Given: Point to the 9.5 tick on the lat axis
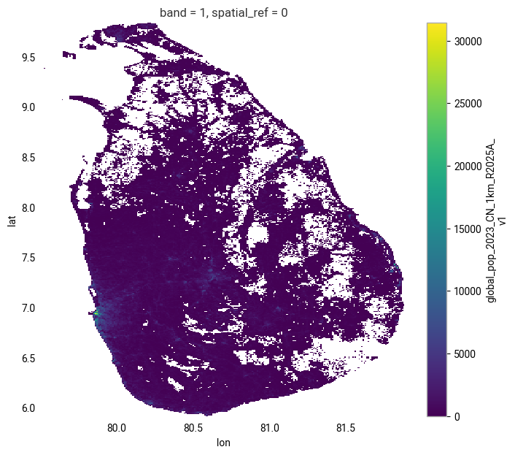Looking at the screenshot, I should click(x=28, y=57).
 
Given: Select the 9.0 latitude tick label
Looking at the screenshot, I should click(x=28, y=107).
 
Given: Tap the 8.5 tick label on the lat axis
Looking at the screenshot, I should click(x=28, y=158).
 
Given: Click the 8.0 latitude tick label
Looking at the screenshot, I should click(x=28, y=208).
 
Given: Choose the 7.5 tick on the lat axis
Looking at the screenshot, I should click(x=28, y=258).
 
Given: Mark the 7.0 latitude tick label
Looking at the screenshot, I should click(x=28, y=308).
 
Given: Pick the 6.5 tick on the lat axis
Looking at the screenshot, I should click(x=28, y=359).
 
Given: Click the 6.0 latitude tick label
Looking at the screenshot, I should click(x=28, y=408).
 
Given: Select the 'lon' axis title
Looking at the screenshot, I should click(x=223, y=443).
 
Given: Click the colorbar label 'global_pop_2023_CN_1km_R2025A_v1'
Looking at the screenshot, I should click(x=497, y=219).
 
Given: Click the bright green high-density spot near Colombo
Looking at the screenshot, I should click(x=96, y=313).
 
